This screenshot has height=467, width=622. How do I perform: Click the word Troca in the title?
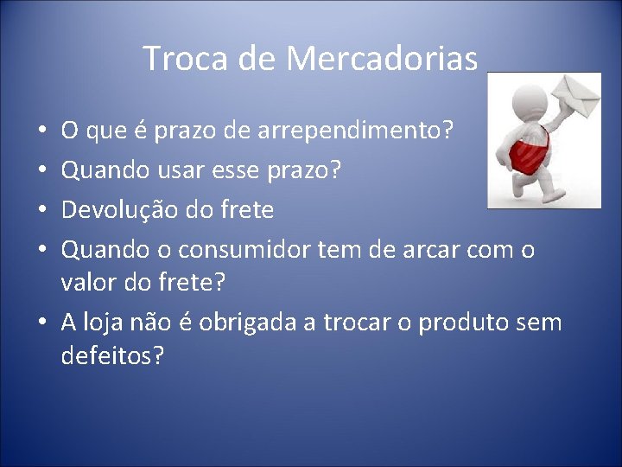[175, 59]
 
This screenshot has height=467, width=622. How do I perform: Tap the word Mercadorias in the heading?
[383, 59]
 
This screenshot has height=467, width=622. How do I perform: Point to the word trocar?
[359, 322]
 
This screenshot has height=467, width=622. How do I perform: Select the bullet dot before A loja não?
[43, 323]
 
